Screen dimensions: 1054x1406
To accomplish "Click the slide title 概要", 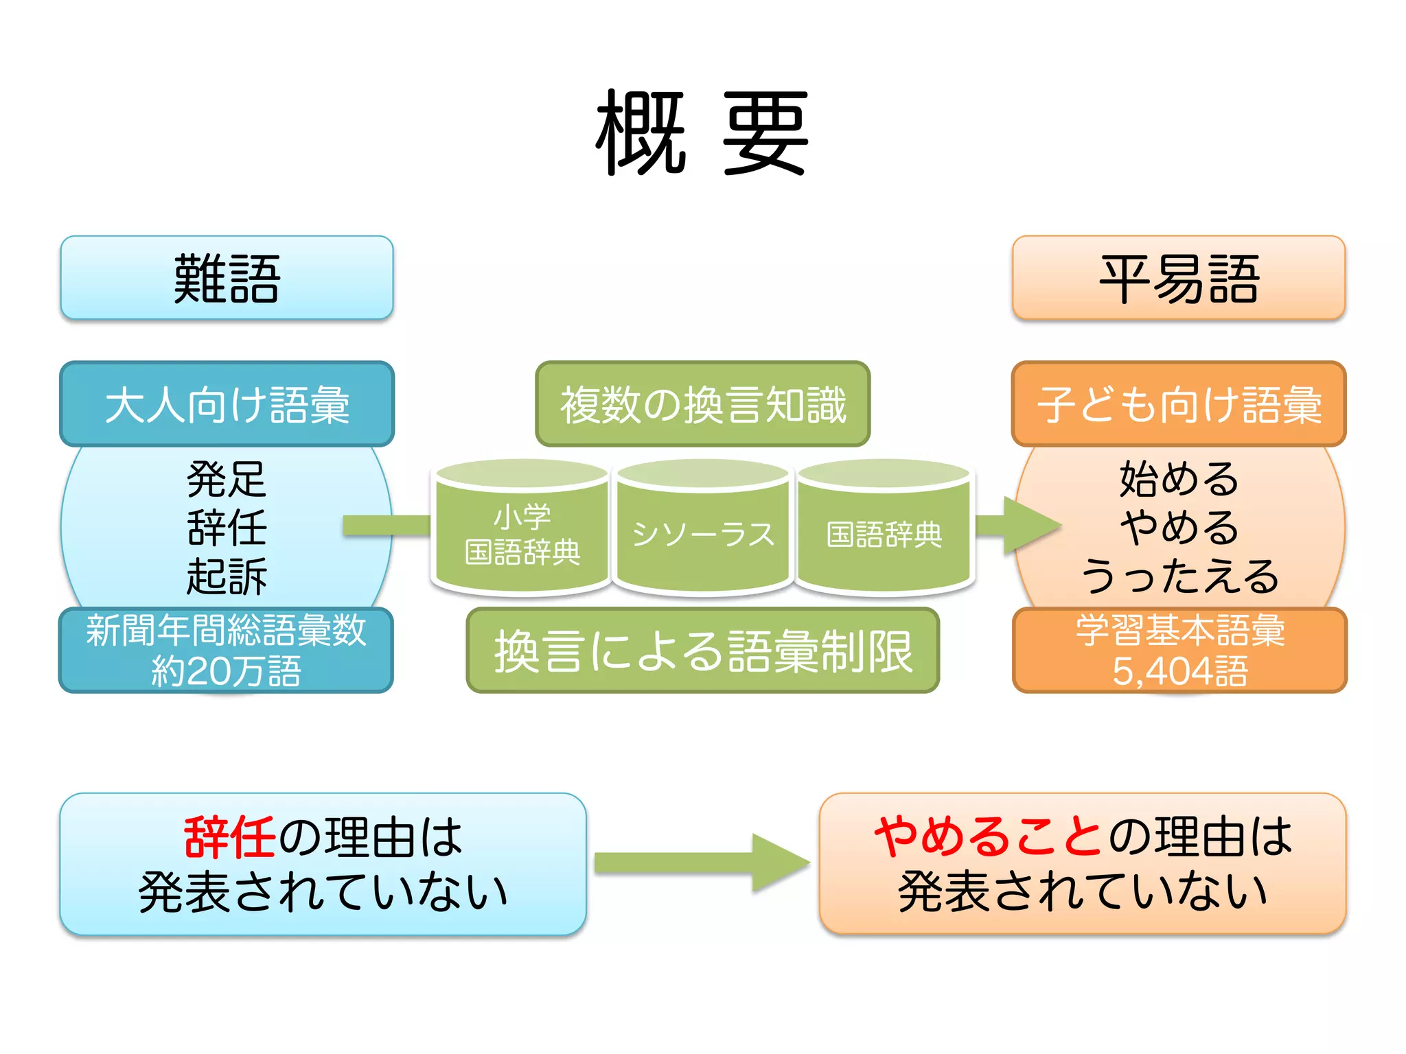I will pos(702,132).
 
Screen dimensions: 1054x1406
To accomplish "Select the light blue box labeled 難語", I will pos(227,278).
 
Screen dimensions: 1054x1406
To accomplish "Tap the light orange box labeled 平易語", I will pos(1178,278).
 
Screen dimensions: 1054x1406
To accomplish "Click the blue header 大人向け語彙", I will pos(227,404).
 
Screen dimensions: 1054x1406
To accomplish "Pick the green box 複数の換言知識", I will pos(702,404).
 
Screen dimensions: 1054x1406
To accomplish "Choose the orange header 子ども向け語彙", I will pos(1178,404).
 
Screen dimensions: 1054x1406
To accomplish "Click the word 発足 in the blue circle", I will pos(227,479).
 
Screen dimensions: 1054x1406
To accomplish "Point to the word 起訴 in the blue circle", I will pos(227,576).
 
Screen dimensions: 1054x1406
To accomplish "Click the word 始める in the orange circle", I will pos(1178,479).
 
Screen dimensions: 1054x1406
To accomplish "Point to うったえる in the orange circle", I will pos(1178,576).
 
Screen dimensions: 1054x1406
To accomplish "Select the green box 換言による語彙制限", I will pos(702,651).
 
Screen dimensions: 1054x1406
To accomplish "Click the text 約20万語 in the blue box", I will pos(227,671).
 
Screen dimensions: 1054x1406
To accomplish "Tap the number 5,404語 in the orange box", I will pos(1178,671).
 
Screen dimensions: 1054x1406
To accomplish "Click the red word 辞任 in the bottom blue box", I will pos(229,837).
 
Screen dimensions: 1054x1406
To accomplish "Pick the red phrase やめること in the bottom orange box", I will pos(989,837).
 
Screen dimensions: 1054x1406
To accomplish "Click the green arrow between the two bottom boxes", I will pos(700,863).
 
